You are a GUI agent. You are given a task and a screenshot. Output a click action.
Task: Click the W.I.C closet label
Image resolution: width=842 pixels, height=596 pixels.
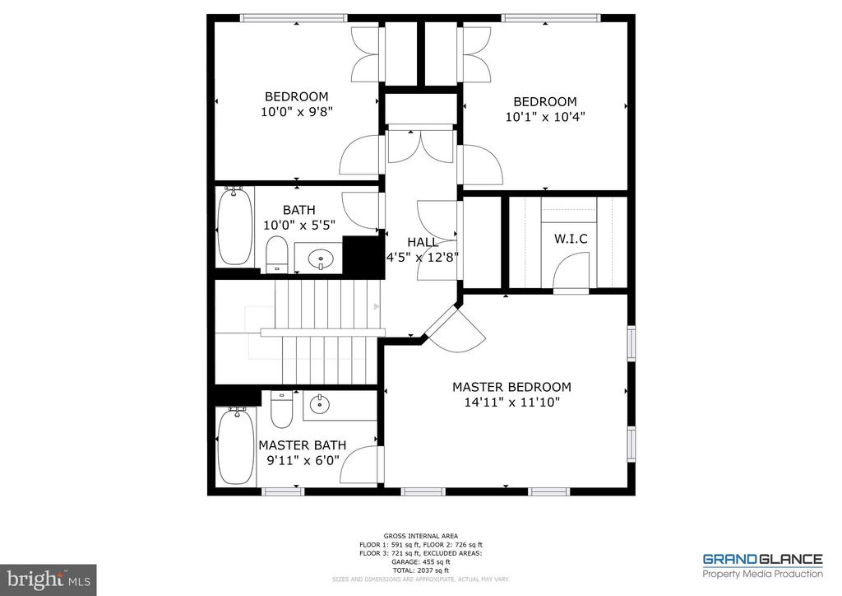[571, 240]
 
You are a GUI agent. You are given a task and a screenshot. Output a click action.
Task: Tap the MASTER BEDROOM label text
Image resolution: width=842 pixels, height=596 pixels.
[511, 387]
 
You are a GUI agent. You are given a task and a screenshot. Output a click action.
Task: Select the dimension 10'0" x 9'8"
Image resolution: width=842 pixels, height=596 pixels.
[296, 111]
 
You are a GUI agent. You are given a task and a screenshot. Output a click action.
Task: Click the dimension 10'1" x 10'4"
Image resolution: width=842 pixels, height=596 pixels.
[545, 117]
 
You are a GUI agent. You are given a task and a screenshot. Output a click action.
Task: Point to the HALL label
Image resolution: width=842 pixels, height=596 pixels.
[423, 242]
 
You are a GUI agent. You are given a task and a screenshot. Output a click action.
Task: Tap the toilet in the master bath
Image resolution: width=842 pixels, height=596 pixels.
[281, 409]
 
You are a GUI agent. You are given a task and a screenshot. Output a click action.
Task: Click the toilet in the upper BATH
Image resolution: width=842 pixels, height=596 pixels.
[277, 254]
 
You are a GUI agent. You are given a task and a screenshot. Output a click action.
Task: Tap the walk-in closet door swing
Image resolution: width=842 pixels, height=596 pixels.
[571, 272]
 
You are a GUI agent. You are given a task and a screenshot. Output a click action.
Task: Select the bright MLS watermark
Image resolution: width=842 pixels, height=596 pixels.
[48, 580]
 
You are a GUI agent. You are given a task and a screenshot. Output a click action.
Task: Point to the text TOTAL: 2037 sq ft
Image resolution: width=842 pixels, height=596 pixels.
[420, 570]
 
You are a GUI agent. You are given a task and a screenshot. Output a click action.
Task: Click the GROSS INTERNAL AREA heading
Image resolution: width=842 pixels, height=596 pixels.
[420, 535]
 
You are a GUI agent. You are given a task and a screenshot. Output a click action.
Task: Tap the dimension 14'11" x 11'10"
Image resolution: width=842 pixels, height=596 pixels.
[511, 403]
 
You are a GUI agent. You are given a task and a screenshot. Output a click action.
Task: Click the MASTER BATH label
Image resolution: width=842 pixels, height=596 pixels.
[302, 445]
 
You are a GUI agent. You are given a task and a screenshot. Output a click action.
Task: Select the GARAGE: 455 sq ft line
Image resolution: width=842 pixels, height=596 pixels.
[420, 561]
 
